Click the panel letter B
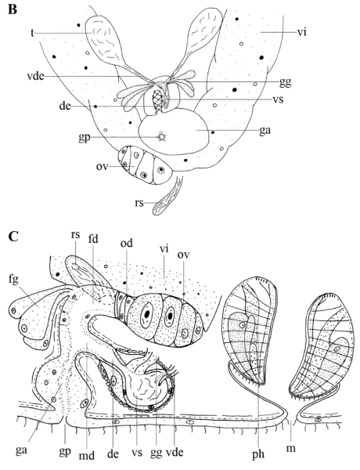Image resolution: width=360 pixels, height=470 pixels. pyautogui.click(x=13, y=9)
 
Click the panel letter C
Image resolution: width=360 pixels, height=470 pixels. pyautogui.click(x=14, y=237)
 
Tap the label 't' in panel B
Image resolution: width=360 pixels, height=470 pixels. pyautogui.click(x=32, y=33)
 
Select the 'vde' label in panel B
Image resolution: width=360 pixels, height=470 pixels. pyautogui.click(x=35, y=77)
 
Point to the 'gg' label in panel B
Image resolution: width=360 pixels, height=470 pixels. pyautogui.click(x=285, y=81)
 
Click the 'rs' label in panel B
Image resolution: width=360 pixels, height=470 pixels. pyautogui.click(x=139, y=204)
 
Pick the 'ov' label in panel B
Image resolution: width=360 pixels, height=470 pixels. pyautogui.click(x=102, y=166)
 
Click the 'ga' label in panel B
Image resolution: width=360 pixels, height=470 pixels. pyautogui.click(x=265, y=131)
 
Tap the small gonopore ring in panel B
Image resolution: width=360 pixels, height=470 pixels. pyautogui.click(x=162, y=137)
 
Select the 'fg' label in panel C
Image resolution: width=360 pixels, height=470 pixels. pyautogui.click(x=13, y=280)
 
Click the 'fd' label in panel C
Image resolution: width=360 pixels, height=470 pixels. pyautogui.click(x=94, y=240)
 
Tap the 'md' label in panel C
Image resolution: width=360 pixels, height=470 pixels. pyautogui.click(x=87, y=456)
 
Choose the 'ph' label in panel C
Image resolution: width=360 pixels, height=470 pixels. pyautogui.click(x=258, y=454)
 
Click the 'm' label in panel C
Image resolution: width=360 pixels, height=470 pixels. pyautogui.click(x=291, y=449)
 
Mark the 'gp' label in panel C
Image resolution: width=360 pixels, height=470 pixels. pyautogui.click(x=65, y=452)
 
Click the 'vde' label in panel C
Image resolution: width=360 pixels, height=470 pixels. pyautogui.click(x=174, y=452)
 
